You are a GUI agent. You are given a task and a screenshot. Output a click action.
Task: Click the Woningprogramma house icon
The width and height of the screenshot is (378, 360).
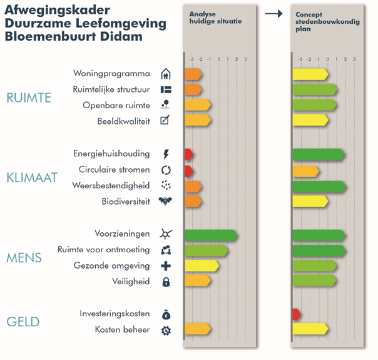(165, 74)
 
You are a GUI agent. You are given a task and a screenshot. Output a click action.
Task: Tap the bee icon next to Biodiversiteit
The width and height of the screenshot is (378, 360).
(165, 202)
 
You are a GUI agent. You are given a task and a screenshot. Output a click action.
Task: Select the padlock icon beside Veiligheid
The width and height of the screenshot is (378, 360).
(166, 282)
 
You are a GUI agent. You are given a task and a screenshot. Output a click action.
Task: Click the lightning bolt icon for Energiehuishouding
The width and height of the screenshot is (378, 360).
(166, 154)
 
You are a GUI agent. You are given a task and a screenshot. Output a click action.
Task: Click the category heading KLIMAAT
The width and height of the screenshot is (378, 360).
(32, 178)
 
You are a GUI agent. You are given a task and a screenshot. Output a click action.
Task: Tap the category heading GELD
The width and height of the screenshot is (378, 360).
(23, 322)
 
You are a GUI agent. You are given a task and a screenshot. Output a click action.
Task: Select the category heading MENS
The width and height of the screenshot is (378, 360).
(24, 258)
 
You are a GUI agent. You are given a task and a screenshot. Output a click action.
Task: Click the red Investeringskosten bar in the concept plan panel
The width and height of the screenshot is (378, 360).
(296, 314)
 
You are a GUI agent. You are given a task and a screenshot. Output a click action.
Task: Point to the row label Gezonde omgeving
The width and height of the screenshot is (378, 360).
(112, 266)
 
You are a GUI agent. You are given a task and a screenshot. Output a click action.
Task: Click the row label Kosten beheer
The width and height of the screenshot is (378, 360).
(123, 329)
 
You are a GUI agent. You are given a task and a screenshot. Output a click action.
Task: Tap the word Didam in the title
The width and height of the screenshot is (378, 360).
(123, 36)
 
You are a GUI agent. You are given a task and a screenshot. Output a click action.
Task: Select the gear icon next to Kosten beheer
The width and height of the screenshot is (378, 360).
(166, 330)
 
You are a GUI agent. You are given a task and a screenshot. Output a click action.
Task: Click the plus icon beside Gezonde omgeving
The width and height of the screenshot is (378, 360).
(166, 266)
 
